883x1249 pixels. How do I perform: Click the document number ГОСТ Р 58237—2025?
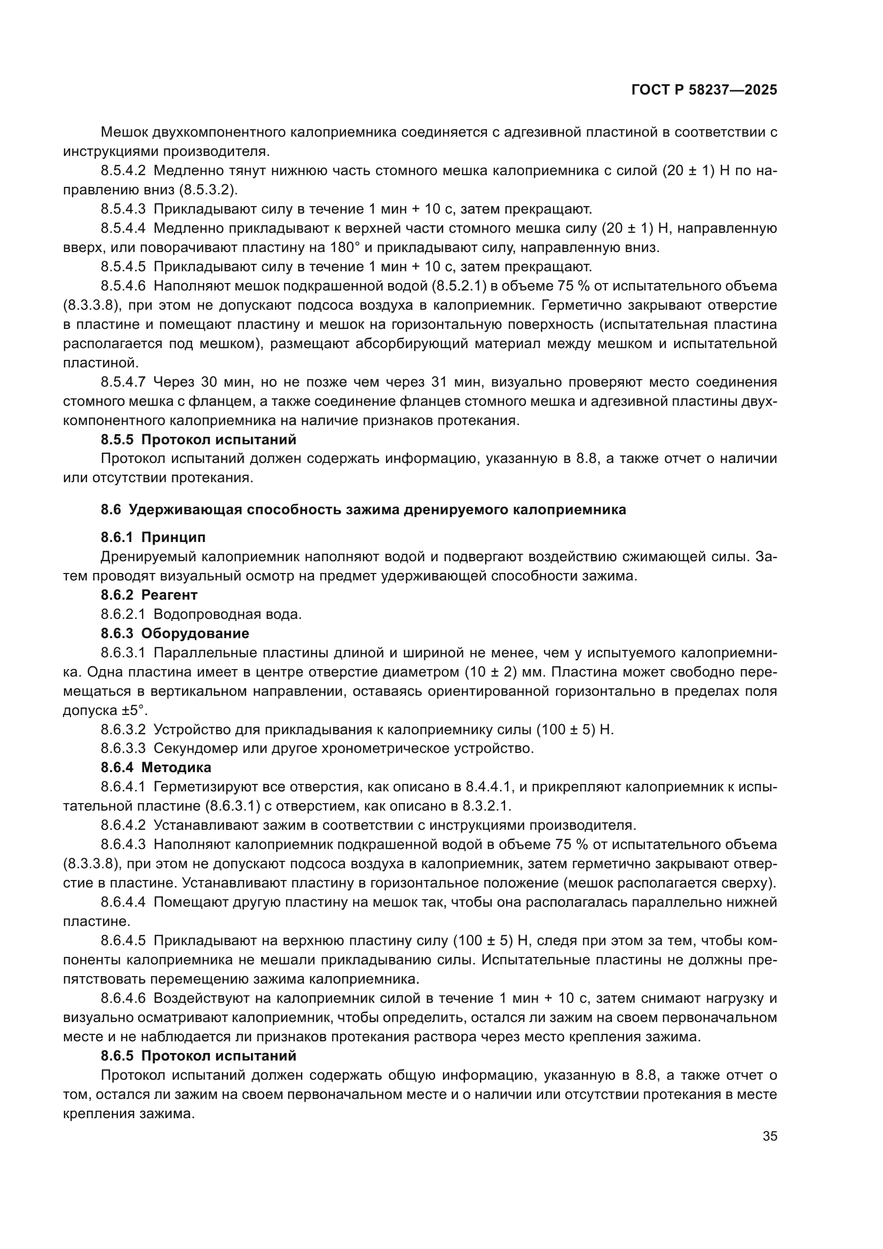[704, 90]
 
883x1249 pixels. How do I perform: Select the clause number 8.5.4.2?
[123, 171]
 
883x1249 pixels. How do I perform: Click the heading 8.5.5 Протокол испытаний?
[199, 439]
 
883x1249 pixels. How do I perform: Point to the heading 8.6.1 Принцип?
[153, 538]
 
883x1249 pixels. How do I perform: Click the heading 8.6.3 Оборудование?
[175, 633]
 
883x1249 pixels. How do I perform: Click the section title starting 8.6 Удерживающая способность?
[363, 510]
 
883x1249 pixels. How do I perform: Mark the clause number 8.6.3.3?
[123, 749]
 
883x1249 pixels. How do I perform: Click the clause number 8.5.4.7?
[123, 382]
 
